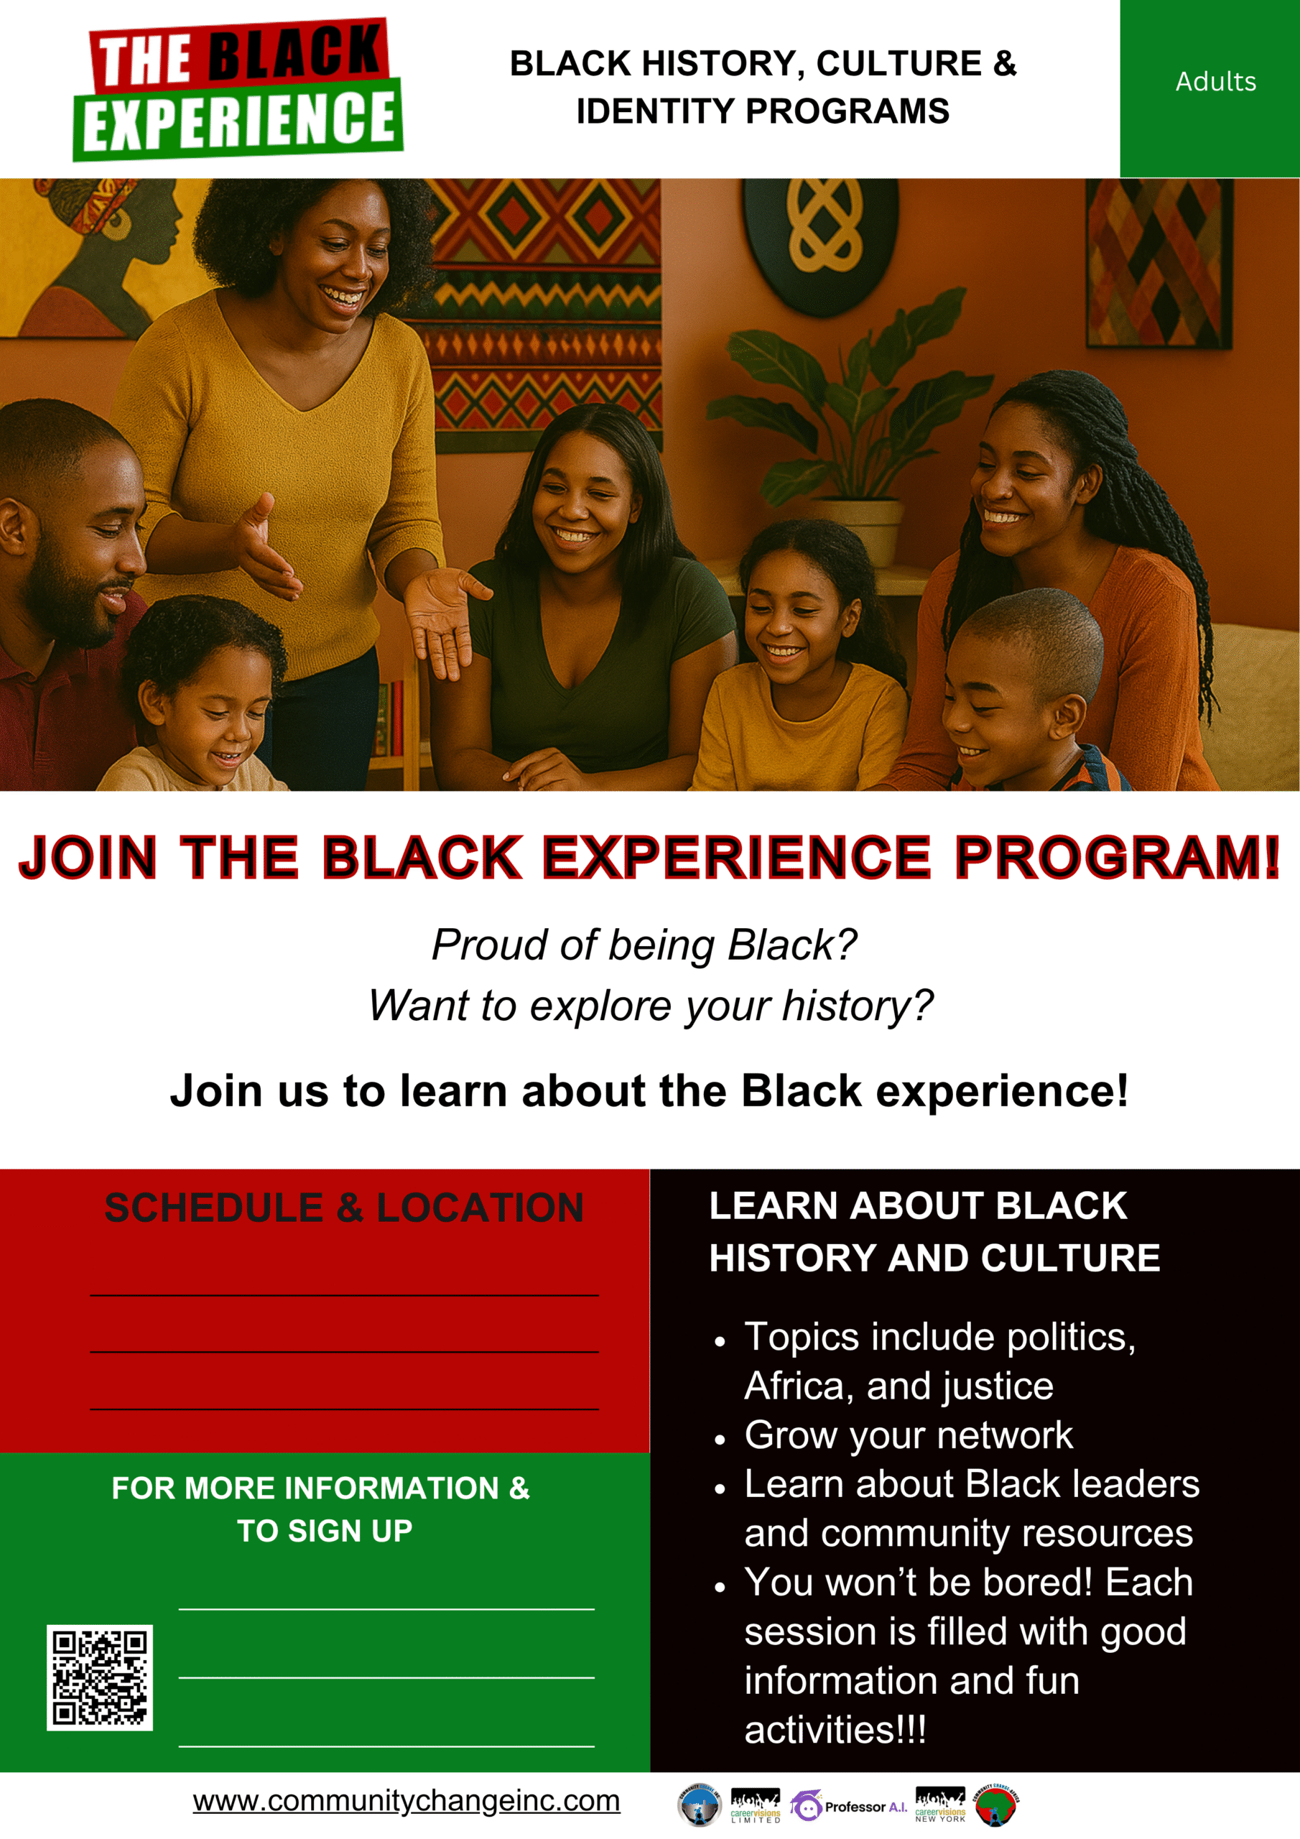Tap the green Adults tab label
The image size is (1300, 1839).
pos(1215,82)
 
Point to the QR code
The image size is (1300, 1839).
pos(99,1677)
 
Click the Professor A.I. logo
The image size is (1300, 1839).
pos(848,1806)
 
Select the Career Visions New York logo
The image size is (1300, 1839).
pos(940,1805)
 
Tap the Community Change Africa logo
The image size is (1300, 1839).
pos(995,1805)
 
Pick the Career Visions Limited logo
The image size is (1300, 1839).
pos(755,1805)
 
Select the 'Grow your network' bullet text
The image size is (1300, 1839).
pos(909,1435)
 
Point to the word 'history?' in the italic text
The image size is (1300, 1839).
pos(858,1005)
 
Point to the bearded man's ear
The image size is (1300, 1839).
pos(16,532)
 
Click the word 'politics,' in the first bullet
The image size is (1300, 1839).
pos(1071,1338)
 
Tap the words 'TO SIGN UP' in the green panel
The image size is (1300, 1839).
pos(325,1531)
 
